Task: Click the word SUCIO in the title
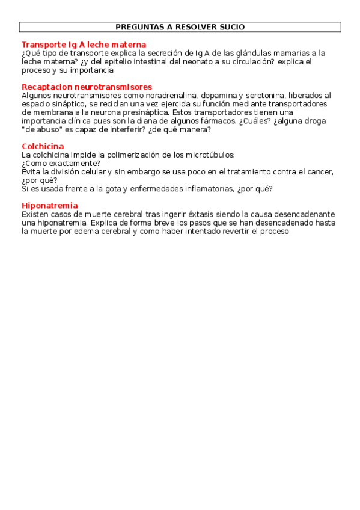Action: click(232, 27)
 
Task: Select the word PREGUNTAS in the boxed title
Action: click(136, 27)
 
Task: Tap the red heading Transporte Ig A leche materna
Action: click(84, 45)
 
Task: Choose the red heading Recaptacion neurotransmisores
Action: click(87, 87)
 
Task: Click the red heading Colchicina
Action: click(43, 146)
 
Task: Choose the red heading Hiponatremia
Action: click(49, 206)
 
